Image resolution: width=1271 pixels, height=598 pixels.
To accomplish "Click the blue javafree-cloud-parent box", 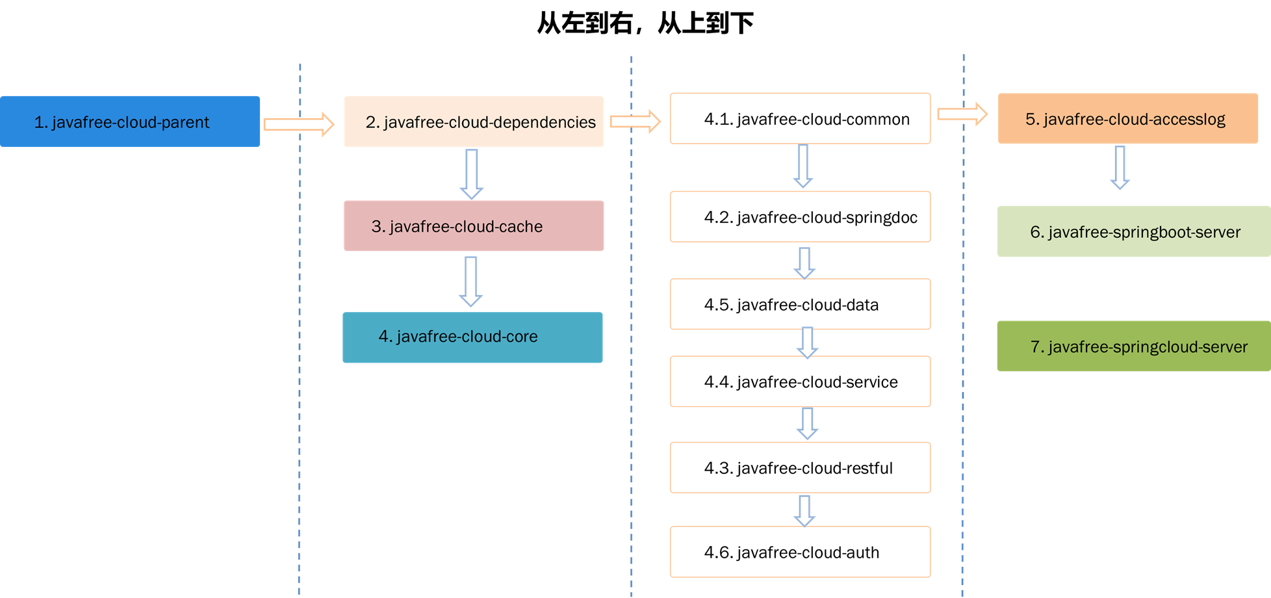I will (130, 122).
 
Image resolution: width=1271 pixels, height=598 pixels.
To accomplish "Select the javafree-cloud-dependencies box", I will (474, 122).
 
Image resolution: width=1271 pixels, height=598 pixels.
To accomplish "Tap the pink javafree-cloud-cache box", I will (474, 226).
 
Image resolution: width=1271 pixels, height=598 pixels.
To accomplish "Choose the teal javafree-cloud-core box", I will (472, 337).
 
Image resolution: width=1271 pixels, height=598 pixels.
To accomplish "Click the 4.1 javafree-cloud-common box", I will (800, 118).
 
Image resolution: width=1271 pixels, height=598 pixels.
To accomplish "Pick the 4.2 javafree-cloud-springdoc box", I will (800, 216).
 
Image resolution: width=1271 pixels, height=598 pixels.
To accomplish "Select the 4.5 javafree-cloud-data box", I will (800, 304).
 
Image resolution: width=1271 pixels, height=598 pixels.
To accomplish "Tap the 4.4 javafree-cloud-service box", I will (800, 381).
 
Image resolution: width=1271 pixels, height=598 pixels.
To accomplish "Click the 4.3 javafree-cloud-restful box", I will (800, 467).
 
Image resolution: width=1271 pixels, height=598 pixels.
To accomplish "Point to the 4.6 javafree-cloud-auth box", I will (800, 551).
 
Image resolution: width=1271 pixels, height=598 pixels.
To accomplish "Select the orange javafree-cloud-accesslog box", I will (1127, 118).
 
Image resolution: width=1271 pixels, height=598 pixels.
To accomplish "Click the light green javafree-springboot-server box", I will (1134, 231).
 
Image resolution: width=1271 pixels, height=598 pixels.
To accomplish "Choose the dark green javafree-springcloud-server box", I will (1134, 346).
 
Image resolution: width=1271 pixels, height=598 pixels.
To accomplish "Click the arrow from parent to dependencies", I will (299, 123).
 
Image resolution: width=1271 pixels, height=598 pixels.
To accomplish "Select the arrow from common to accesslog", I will (962, 114).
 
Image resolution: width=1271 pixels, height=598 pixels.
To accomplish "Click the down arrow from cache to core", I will (471, 281).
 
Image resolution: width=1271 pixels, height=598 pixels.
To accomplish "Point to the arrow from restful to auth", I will (804, 511).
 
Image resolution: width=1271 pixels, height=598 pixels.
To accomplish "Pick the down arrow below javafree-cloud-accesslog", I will (1120, 168).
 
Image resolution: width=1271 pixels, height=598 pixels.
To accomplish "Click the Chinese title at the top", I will (645, 23).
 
